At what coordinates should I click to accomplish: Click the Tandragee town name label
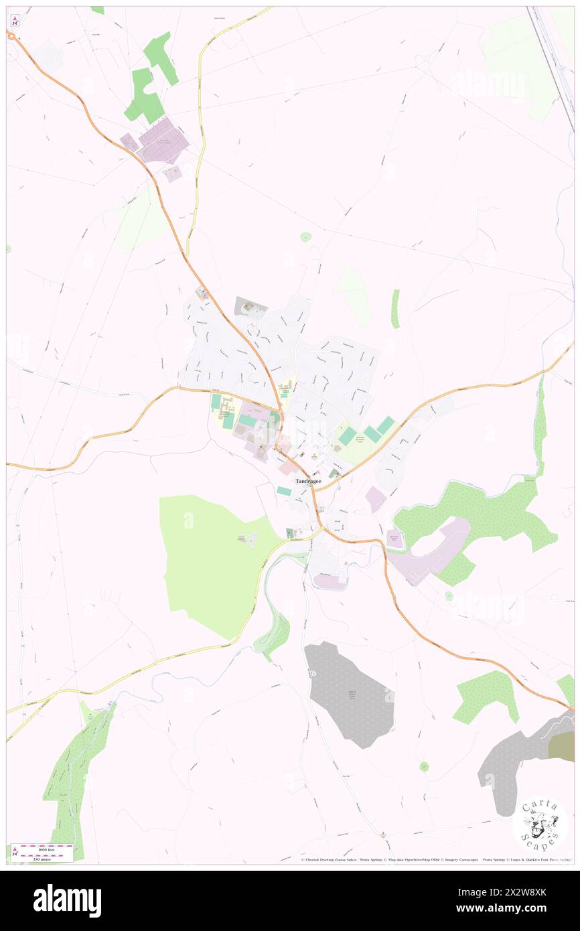pos(309,481)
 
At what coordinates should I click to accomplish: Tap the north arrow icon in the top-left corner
pos(15,20)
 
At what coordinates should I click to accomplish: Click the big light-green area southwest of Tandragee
pos(211,563)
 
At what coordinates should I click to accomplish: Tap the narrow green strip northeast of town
pos(395,309)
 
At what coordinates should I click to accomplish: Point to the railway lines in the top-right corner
pos(553,54)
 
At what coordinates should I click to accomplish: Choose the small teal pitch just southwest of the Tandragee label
pos(284,491)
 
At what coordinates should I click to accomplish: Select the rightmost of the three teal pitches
pos(385,425)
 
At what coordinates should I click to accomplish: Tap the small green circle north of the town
pos(305,236)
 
